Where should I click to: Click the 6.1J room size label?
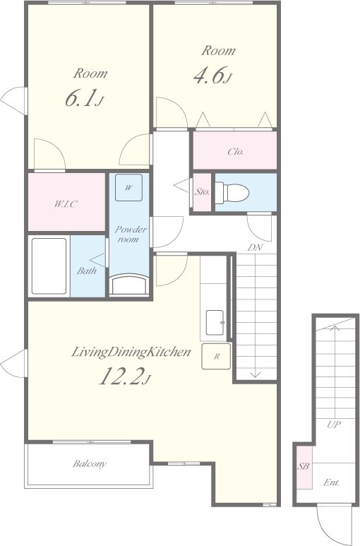tap(84, 99)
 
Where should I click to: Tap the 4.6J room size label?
tap(212, 75)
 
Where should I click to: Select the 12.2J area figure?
tap(125, 376)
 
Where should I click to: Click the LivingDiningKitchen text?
tap(131, 352)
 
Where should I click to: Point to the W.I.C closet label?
tap(65, 204)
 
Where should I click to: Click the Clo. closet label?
tap(236, 152)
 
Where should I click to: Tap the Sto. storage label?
tap(202, 192)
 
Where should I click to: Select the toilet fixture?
tap(232, 193)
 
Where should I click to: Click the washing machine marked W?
tap(128, 188)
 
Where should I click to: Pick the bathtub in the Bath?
tap(49, 266)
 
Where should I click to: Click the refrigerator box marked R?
tap(216, 356)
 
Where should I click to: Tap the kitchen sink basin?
tap(215, 323)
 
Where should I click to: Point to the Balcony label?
tap(90, 464)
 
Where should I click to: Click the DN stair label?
tap(255, 248)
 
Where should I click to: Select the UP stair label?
tap(334, 425)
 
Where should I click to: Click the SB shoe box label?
tap(304, 466)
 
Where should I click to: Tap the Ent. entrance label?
tap(331, 482)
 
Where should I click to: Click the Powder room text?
tap(131, 235)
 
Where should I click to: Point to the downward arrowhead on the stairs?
tap(256, 374)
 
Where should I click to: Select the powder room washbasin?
tap(129, 285)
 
